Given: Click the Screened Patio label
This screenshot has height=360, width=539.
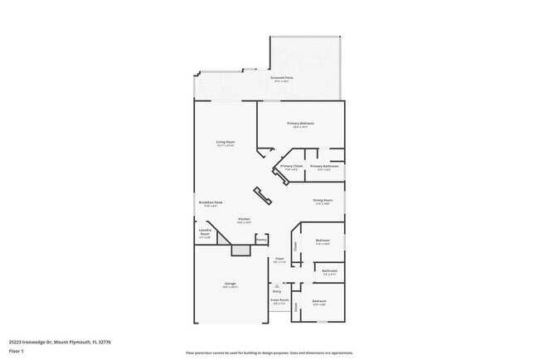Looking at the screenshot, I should [281, 78].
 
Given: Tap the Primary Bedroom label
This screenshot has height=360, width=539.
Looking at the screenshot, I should [300, 124].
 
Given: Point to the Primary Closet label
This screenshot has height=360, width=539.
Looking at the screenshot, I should [291, 166].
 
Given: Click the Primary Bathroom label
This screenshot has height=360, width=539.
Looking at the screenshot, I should [324, 166].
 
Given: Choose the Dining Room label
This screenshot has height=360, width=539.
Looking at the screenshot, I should [323, 200].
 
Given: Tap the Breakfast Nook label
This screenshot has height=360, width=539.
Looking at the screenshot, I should [210, 203].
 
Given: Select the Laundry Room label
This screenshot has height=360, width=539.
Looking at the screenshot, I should [205, 233].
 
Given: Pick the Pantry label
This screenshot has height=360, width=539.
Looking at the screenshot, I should [261, 240].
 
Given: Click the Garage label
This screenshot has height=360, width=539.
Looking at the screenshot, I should [230, 284].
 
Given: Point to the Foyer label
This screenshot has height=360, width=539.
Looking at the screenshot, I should [280, 260].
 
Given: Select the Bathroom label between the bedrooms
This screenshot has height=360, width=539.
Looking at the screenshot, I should [329, 271].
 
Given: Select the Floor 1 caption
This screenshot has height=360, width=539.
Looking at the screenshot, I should [17, 351].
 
